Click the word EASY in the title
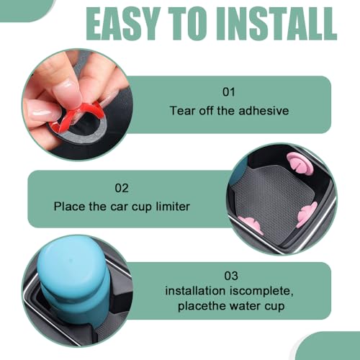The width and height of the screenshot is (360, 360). point(122,24)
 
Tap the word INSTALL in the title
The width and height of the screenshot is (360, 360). point(276,24)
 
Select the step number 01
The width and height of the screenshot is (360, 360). point(229,92)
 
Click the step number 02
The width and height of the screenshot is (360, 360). point(122,188)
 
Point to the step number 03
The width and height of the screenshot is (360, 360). point(231,276)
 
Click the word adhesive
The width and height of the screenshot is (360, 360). point(264,111)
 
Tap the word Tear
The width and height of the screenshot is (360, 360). point(182,111)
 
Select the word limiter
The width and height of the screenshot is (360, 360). point(173,207)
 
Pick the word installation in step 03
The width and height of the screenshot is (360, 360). point(195,291)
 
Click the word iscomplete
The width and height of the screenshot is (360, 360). point(261,292)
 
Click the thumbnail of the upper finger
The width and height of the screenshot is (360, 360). point(67,93)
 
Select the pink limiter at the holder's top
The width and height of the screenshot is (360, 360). point(300,163)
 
